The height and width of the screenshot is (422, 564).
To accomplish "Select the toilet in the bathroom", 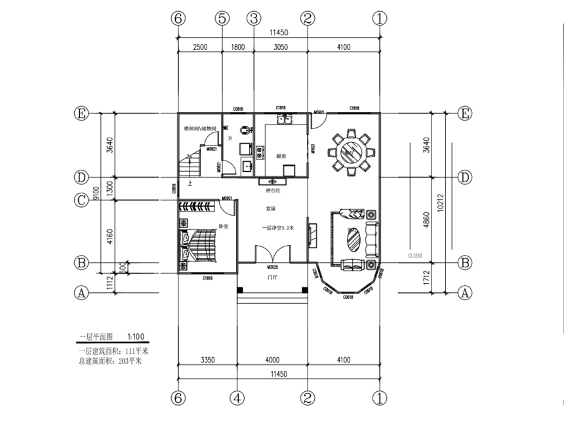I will tap(245, 131).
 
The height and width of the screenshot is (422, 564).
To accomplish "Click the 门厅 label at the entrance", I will tap(272, 278).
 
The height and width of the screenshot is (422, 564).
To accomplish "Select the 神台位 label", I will tap(272, 190).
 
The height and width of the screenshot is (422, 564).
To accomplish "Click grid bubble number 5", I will tap(222, 18).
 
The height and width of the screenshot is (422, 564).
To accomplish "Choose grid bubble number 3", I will tap(253, 18).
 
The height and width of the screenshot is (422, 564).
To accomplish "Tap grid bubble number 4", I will tap(238, 398).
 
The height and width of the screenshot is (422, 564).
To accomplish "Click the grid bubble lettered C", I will tap(81, 201).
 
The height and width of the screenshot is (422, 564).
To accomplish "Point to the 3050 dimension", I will tap(280, 47).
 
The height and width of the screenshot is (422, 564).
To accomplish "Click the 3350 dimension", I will tap(209, 360).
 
